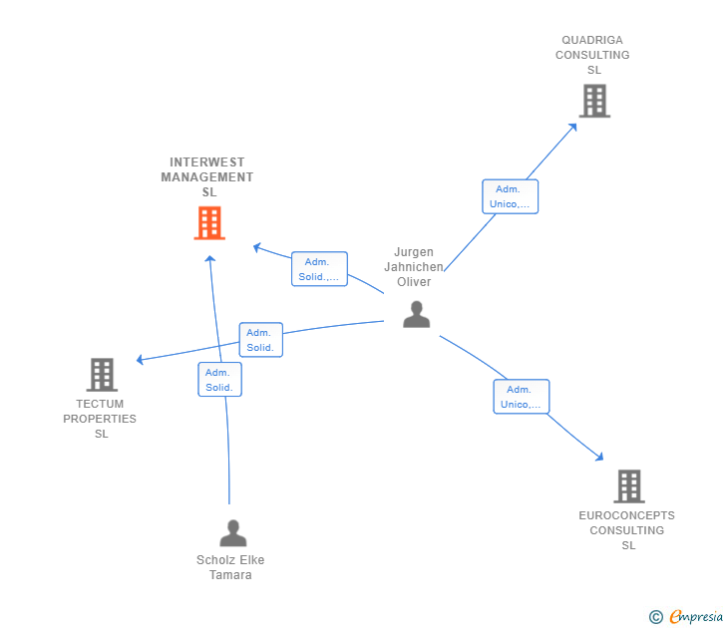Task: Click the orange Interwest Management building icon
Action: point(209,223)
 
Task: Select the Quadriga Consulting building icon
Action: point(594,101)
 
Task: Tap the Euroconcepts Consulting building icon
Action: point(628,486)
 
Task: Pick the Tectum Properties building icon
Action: point(102,375)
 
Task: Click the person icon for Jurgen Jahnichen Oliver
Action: point(416,314)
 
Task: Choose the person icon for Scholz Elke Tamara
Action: point(232,533)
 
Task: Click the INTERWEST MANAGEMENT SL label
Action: point(207,177)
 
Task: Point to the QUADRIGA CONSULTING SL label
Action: point(593,55)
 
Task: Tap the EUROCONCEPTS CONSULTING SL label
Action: point(627,530)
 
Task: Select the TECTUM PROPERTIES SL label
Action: point(100,419)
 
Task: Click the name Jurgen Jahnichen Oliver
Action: point(414,267)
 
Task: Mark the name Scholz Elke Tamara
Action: point(230,567)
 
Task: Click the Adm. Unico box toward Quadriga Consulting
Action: point(510,196)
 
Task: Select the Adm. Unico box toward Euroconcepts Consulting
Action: point(522,397)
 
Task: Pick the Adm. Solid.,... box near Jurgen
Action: point(319,269)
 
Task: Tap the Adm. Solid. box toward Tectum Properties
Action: point(260,340)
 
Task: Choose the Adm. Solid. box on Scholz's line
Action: point(219,380)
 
